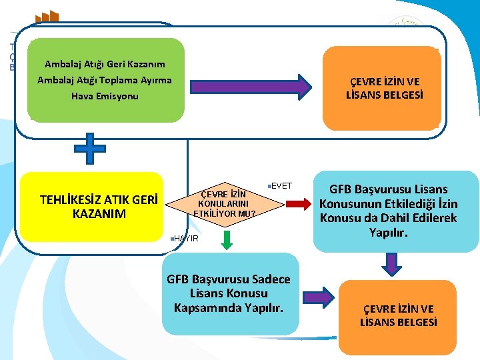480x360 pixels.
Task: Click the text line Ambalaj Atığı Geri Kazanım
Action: tap(105, 65)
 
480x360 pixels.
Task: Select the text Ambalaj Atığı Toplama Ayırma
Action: tap(105, 80)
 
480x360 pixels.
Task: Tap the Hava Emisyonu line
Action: tap(105, 96)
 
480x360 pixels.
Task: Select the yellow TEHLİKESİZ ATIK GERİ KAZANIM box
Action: tap(93, 206)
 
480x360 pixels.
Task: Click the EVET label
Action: tap(281, 185)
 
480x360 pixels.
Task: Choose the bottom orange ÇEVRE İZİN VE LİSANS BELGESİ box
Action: tap(399, 315)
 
